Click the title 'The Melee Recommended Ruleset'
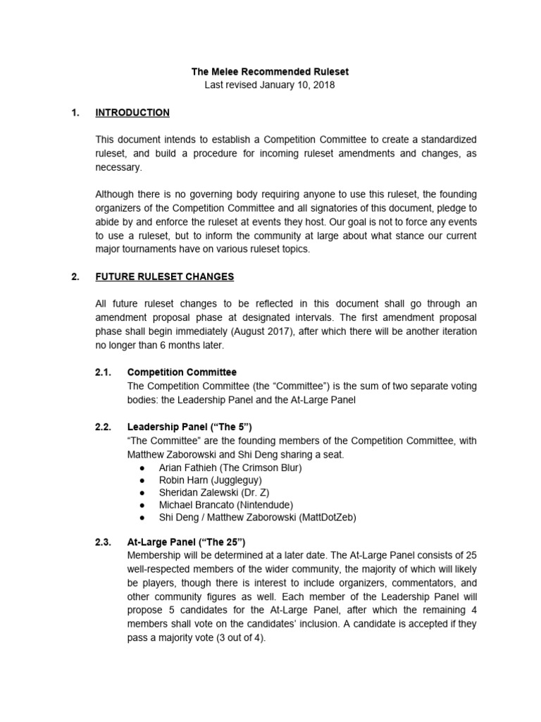click(270, 71)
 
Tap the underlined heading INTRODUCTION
click(132, 113)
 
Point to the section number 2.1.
click(104, 372)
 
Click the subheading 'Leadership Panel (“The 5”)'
click(189, 427)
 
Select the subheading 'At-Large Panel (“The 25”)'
click(186, 542)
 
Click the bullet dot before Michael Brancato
click(144, 505)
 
